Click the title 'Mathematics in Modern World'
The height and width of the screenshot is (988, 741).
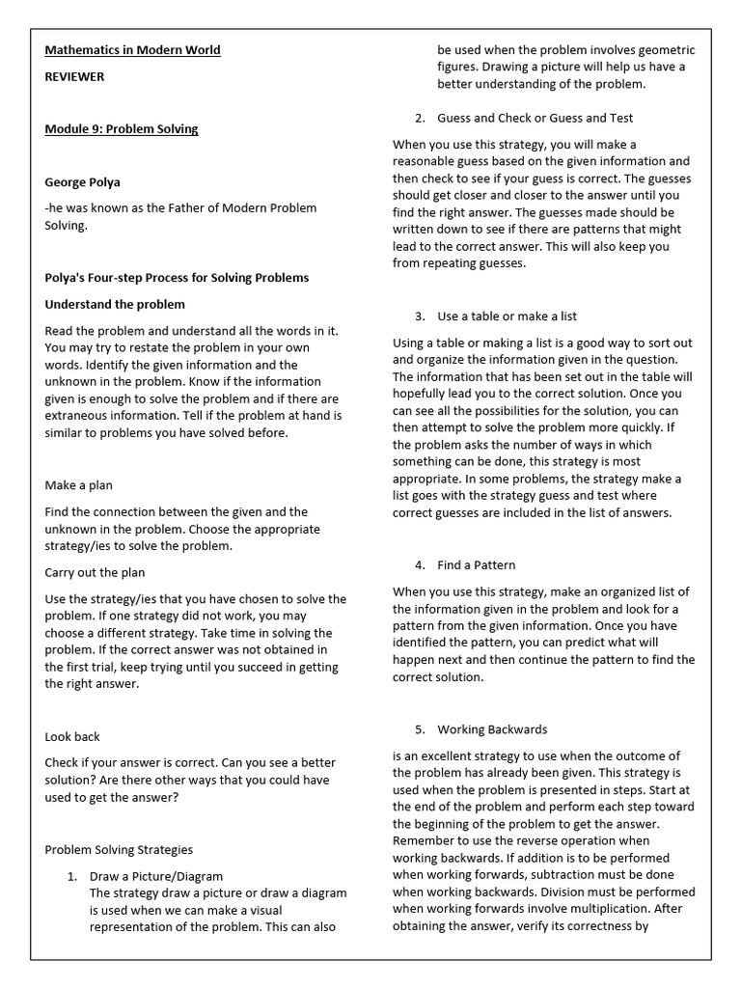pyautogui.click(x=132, y=50)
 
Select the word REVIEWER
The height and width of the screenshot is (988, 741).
pyautogui.click(x=74, y=76)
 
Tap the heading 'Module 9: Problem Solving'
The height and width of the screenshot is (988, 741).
pyautogui.click(x=122, y=129)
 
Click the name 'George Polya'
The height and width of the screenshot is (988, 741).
pyautogui.click(x=83, y=181)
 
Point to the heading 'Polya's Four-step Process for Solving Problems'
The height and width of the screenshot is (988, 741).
pyautogui.click(x=177, y=278)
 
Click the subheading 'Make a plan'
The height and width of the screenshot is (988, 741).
pyautogui.click(x=79, y=485)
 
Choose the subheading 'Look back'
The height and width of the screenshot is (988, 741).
pyautogui.click(x=72, y=736)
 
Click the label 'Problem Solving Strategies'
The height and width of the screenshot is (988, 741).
pyautogui.click(x=119, y=850)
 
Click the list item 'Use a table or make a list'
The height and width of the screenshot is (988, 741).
pyautogui.click(x=508, y=316)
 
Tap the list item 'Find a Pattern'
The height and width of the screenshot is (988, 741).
pyautogui.click(x=476, y=565)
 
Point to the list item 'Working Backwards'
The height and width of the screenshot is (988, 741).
pyautogui.click(x=492, y=729)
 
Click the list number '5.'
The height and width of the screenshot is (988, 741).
pyautogui.click(x=420, y=729)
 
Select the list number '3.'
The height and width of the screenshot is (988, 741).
pyautogui.click(x=420, y=316)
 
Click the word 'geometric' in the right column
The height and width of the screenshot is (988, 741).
pyautogui.click(x=661, y=50)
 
